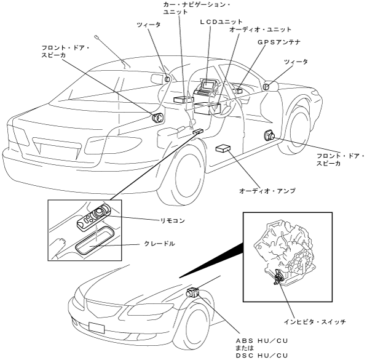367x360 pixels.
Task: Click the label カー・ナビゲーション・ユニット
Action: (x=197, y=8)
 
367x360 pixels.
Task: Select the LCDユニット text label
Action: (x=221, y=22)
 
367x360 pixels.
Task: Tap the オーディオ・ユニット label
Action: (x=260, y=30)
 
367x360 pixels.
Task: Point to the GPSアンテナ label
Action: (x=279, y=42)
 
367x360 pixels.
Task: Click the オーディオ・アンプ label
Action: (x=267, y=191)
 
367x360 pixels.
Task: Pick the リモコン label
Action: (x=173, y=220)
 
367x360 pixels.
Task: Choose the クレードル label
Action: (x=159, y=244)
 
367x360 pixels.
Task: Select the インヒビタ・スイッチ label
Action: (x=315, y=322)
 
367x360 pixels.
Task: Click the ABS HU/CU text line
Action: (x=262, y=341)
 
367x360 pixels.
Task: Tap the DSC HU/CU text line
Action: (x=262, y=356)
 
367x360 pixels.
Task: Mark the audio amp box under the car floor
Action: (x=223, y=148)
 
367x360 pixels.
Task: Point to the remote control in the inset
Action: (x=93, y=217)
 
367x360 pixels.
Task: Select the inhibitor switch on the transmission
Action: (x=278, y=277)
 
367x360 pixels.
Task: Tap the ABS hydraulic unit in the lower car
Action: (x=193, y=292)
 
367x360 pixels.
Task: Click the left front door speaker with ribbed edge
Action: (x=157, y=118)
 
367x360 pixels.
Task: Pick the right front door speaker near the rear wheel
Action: (x=269, y=136)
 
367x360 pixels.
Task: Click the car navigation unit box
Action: (x=184, y=99)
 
